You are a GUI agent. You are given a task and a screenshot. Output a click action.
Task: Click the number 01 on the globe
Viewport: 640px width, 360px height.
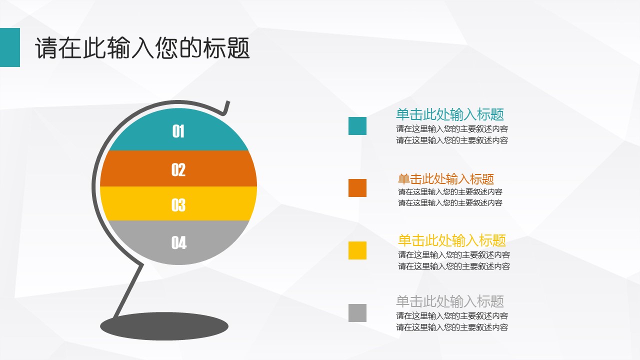coord(178,131)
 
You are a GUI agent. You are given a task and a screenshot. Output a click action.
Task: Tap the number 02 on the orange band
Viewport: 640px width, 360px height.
coord(178,169)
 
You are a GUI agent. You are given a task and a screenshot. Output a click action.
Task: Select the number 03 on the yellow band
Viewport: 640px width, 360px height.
coord(178,205)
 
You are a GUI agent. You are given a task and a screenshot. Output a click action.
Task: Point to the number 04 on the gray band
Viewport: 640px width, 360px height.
coord(179,243)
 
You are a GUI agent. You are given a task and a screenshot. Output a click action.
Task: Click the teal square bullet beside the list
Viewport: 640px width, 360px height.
coord(357,126)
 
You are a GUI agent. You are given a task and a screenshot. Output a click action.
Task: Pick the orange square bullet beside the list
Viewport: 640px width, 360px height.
coord(357,188)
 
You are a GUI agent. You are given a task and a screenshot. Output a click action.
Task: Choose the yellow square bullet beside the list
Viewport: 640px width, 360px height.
coord(357,250)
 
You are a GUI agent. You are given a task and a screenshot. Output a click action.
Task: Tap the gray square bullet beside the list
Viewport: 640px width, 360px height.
coord(357,313)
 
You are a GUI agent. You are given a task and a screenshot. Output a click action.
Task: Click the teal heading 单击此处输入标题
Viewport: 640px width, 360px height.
coord(450,114)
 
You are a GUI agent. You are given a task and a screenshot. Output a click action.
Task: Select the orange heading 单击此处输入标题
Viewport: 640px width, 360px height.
coord(446,179)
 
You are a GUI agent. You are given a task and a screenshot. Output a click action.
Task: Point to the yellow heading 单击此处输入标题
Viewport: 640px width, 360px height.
coord(452,240)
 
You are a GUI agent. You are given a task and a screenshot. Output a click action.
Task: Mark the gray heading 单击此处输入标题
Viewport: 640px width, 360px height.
coord(450,301)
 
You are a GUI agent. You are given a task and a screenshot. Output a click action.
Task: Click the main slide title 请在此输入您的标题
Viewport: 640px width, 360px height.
coord(142,47)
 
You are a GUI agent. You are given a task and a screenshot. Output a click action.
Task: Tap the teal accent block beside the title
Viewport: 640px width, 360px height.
coord(10,47)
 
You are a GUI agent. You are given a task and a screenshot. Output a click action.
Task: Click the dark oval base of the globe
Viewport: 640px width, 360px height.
coord(164,326)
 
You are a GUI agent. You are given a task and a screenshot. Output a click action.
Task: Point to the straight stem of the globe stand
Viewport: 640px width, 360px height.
coord(128,290)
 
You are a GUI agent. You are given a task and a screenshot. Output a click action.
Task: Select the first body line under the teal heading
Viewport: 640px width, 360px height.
coord(452,129)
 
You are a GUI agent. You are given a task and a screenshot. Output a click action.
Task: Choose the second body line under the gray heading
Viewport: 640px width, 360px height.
coord(452,327)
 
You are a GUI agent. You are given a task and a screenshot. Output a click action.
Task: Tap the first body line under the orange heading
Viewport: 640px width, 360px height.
coord(450,191)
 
